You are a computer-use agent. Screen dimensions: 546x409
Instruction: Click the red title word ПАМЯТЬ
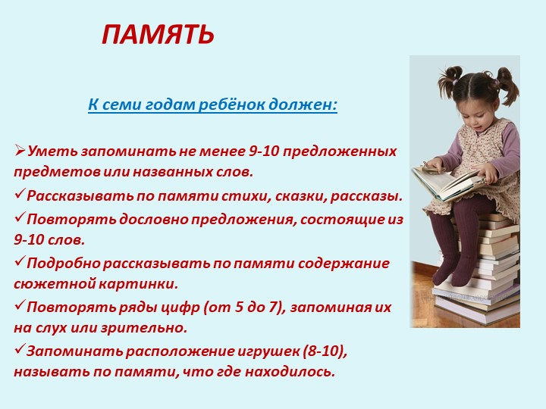coord(158,35)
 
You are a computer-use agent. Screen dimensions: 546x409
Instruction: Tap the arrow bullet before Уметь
coord(20,151)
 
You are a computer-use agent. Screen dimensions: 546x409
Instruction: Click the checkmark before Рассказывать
coord(20,194)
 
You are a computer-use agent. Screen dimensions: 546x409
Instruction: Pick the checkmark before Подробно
coord(20,261)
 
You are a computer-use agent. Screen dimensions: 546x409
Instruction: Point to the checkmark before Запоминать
coord(20,349)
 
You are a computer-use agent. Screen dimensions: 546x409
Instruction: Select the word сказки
coord(301,196)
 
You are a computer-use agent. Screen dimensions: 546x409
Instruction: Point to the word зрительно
coord(144,328)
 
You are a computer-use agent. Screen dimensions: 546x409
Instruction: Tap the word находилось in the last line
coord(290,372)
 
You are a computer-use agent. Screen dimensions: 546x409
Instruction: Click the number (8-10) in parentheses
coord(325,351)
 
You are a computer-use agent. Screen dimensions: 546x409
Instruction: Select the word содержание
coord(344,264)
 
